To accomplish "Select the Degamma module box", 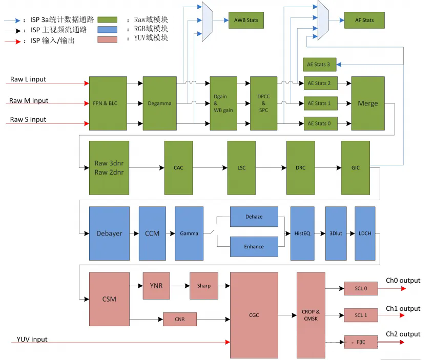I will click(x=159, y=103).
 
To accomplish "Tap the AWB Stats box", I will click(x=245, y=20).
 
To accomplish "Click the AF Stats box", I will click(x=364, y=20).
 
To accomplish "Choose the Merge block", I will click(x=367, y=103).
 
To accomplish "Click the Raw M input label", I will click(x=29, y=101).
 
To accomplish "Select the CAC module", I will click(x=178, y=167).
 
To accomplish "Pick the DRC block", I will click(x=300, y=167).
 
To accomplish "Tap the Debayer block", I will click(x=109, y=233).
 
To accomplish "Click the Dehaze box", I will click(x=254, y=217).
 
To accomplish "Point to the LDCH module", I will click(x=365, y=233).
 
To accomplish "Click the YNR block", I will click(x=156, y=285).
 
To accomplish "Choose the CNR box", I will click(x=179, y=320).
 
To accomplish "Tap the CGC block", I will click(x=254, y=315).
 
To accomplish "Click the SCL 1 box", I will click(x=361, y=315).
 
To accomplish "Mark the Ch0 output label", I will click(x=403, y=281).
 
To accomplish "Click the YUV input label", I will click(x=32, y=340).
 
